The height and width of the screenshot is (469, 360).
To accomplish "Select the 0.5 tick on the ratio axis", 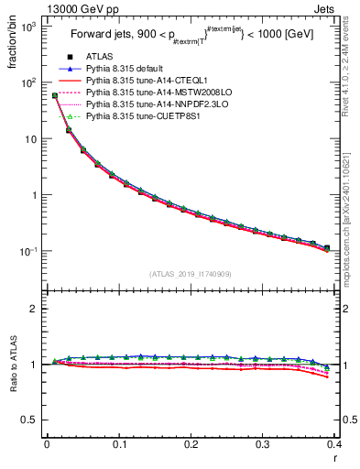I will (34, 420).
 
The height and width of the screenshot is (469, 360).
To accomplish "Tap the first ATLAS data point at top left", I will (55, 95).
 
